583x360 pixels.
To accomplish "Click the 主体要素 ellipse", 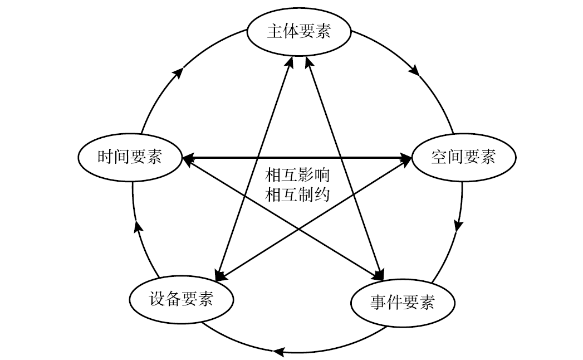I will (299, 32).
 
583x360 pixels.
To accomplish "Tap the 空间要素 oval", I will (463, 158).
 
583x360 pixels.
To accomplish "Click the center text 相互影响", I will (298, 176).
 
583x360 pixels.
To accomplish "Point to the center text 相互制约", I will (298, 194).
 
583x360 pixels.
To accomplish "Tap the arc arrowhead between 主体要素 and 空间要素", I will (414, 71).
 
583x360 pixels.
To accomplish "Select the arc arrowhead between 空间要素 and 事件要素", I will (458, 225).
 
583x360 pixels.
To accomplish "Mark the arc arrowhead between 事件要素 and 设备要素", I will (278, 351).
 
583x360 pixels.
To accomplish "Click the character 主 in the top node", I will (273, 32).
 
